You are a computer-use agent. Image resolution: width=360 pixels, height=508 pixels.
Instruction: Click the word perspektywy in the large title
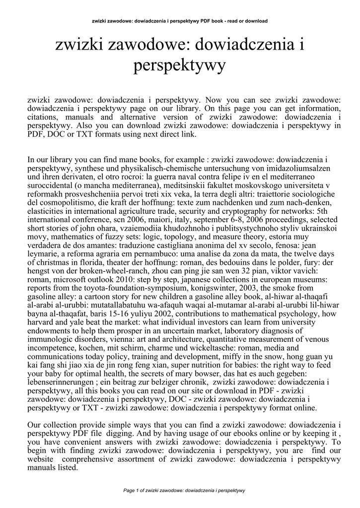pyautogui.click(x=179, y=65)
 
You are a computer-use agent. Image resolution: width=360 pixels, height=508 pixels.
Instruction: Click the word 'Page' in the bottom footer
pyautogui.click(x=129, y=491)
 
